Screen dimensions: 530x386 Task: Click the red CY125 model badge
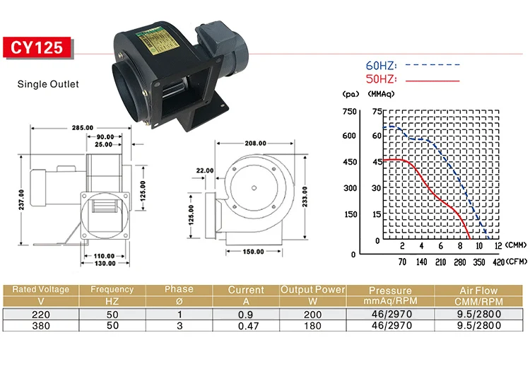[x=37, y=47]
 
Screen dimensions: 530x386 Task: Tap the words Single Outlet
[x=48, y=84]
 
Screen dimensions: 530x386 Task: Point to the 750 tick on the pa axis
[x=350, y=112]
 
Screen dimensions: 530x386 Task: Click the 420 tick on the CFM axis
[x=499, y=262]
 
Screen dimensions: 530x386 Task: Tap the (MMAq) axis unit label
[x=382, y=94]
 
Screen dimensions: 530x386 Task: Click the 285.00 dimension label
[x=83, y=128]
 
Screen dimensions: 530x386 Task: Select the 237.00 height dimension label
[x=21, y=200]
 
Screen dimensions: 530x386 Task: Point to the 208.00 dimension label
[x=256, y=144]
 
